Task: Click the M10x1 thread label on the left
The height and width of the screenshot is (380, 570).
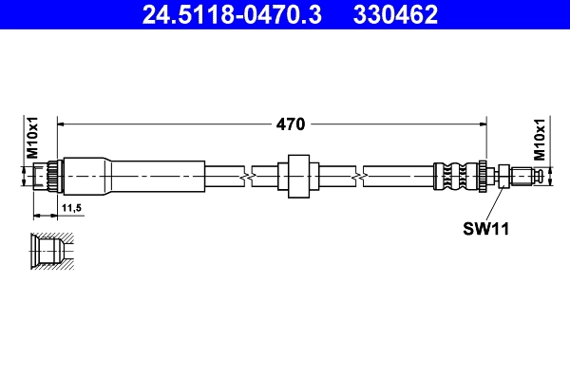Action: (31, 140)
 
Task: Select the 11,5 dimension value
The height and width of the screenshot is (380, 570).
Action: (72, 206)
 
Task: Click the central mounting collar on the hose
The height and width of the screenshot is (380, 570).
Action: (296, 176)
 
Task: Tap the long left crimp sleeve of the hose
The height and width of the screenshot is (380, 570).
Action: (152, 176)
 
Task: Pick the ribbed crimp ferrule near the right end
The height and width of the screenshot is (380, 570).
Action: (455, 176)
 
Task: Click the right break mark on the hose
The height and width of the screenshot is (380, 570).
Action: (359, 176)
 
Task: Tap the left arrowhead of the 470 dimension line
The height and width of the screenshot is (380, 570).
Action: (65, 123)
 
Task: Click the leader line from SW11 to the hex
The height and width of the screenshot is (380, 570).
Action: (492, 201)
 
